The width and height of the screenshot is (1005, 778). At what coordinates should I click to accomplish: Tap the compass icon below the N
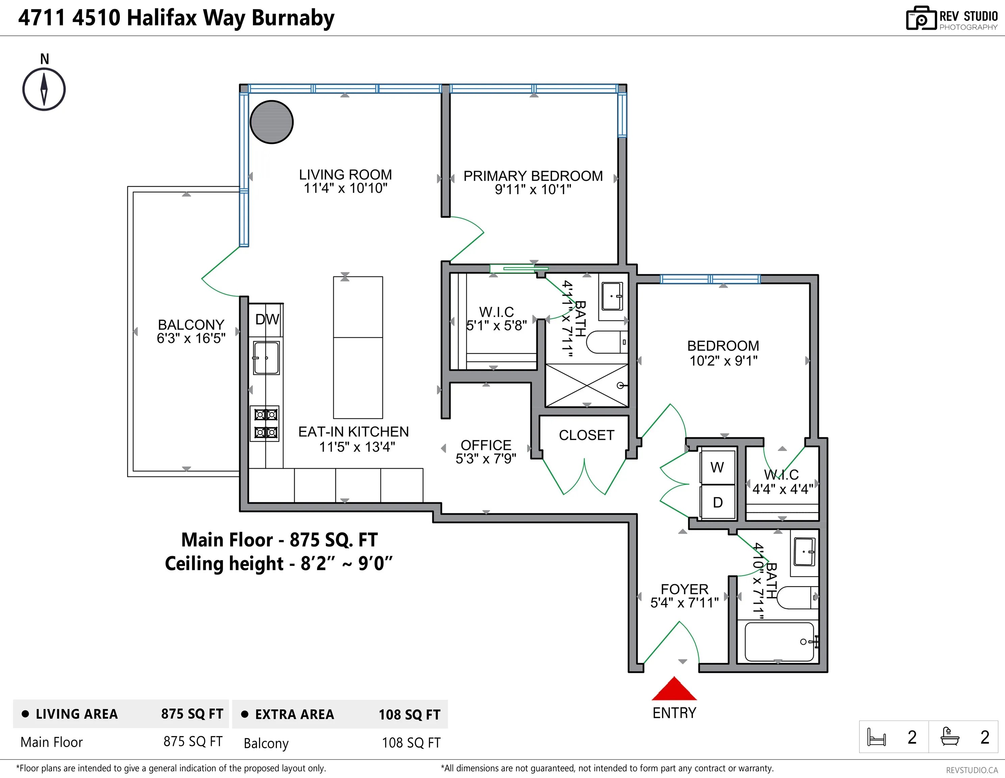pyautogui.click(x=44, y=89)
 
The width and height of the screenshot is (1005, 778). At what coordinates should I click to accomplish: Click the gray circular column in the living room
pyautogui.click(x=272, y=122)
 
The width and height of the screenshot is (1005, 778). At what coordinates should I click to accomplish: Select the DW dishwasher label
pyautogui.click(x=267, y=319)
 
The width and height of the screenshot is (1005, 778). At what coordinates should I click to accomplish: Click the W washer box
pyautogui.click(x=717, y=467)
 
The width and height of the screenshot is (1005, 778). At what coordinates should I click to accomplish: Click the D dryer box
pyautogui.click(x=717, y=502)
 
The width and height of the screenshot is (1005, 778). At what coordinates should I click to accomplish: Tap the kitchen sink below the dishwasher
pyautogui.click(x=266, y=358)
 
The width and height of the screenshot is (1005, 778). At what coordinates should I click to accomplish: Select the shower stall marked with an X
pyautogui.click(x=586, y=386)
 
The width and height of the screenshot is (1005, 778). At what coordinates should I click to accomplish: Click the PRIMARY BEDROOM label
pyautogui.click(x=533, y=176)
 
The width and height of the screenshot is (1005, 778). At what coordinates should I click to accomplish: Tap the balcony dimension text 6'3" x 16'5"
pyautogui.click(x=191, y=338)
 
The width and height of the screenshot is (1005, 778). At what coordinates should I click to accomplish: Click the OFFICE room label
pyautogui.click(x=486, y=445)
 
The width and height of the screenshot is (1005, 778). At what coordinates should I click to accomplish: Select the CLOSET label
pyautogui.click(x=586, y=435)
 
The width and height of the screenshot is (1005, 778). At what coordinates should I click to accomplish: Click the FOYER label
pyautogui.click(x=684, y=589)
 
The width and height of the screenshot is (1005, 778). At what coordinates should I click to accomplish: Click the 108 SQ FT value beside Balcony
pyautogui.click(x=411, y=743)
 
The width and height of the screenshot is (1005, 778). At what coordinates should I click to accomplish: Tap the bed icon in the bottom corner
pyautogui.click(x=876, y=737)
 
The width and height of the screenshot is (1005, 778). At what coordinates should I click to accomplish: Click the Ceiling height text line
pyautogui.click(x=278, y=564)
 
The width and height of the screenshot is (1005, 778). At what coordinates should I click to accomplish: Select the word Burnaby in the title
pyautogui.click(x=293, y=19)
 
